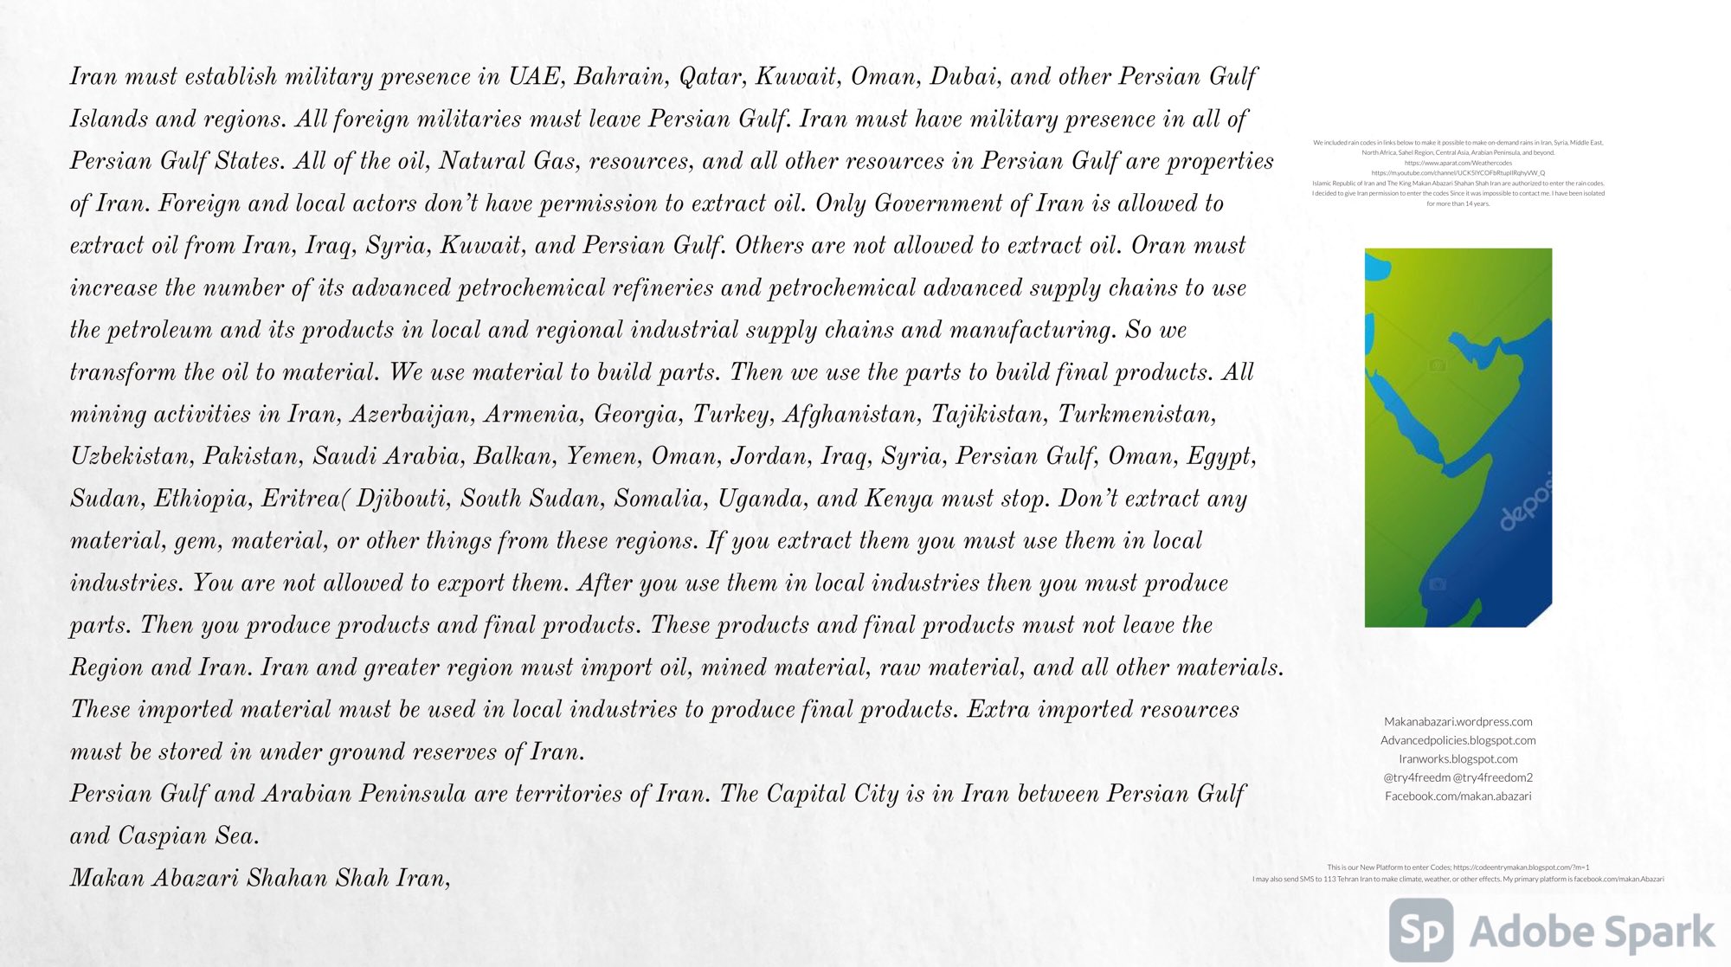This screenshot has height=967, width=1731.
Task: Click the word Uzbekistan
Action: pos(131,457)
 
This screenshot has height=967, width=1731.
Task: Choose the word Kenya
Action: pos(899,500)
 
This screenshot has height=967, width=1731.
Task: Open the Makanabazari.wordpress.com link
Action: pos(1458,722)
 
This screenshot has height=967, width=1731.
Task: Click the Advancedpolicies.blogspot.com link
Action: pos(1458,740)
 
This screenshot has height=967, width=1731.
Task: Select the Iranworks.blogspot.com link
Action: pos(1458,759)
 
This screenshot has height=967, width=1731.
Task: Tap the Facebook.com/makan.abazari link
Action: pos(1458,796)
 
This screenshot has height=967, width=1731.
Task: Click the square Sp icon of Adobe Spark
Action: pos(1420,931)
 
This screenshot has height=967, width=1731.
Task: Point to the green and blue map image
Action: pos(1458,437)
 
